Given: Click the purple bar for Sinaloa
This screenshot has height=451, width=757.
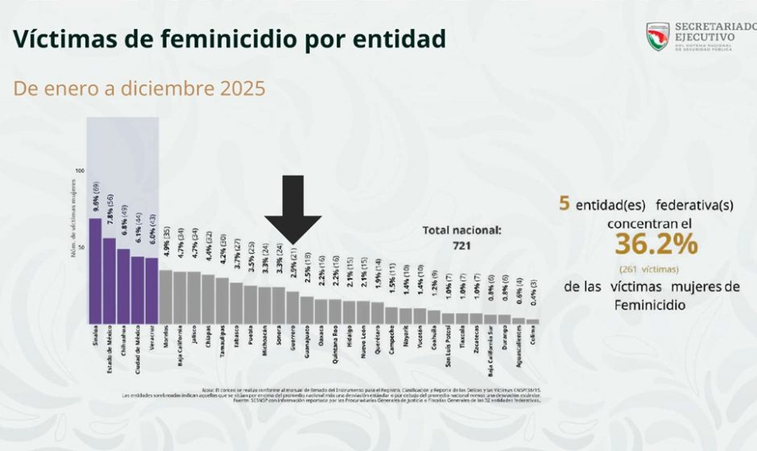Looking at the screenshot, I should (x=95, y=271).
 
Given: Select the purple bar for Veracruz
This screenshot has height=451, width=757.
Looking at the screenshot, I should (x=151, y=291).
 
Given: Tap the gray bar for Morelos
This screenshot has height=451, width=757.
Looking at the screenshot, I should (x=166, y=296).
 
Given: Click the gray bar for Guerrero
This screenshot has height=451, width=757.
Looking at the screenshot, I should (x=292, y=307).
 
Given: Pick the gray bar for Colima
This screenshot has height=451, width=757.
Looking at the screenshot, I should (x=533, y=321).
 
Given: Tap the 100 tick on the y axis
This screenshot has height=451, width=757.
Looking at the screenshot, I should (x=79, y=171).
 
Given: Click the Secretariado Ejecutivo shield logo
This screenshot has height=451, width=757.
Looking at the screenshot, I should (x=658, y=34).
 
